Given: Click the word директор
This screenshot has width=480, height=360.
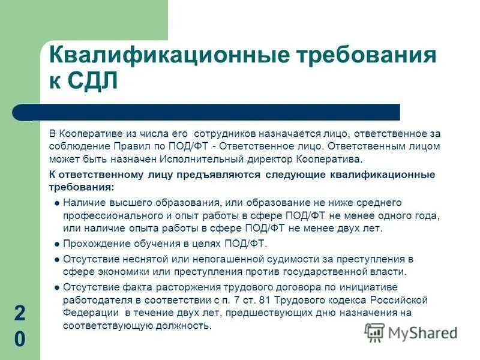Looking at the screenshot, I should [268, 159].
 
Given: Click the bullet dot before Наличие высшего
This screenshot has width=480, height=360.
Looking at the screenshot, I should [56, 204].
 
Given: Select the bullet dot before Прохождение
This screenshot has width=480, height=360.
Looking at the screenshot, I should [56, 245].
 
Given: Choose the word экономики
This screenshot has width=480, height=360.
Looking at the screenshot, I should [119, 272].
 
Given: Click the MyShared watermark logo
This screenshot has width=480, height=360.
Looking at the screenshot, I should [411, 332].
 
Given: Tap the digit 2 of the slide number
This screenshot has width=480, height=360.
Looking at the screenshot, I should [19, 313].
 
